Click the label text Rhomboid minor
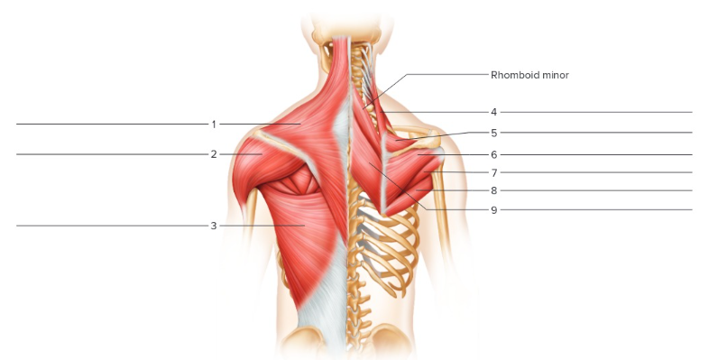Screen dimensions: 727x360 tap(529, 75)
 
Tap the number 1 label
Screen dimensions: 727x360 tap(214, 124)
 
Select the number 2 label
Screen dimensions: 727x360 tap(214, 154)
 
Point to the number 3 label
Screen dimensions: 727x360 tap(214, 226)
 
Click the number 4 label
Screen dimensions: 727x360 tap(494, 112)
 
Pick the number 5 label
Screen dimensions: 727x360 tap(494, 133)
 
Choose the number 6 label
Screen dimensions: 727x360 tap(494, 154)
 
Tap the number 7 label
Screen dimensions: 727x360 tap(494, 172)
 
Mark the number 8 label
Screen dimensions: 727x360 tap(494, 190)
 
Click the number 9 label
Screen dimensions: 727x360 tap(494, 209)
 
